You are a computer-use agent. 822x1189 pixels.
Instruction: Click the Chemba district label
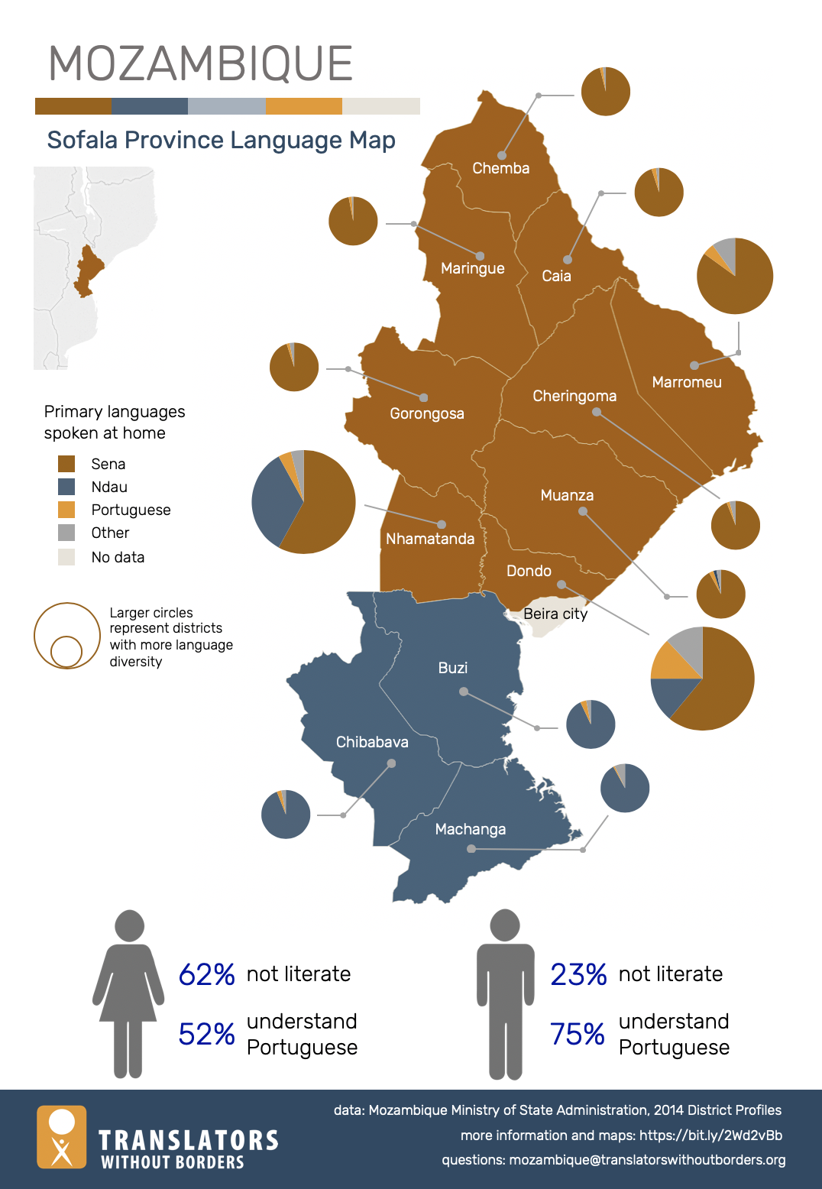(x=500, y=168)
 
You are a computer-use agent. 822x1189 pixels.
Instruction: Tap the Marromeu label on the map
(x=686, y=382)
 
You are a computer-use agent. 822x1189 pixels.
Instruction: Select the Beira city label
(x=555, y=614)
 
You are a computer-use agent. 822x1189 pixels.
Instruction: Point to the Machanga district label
(x=470, y=829)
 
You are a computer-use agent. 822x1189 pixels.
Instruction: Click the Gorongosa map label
(x=426, y=413)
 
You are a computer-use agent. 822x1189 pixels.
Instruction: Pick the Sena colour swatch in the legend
(x=66, y=464)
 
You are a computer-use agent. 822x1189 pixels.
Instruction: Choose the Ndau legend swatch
(x=66, y=487)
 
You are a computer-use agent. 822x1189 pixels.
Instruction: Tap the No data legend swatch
(x=66, y=557)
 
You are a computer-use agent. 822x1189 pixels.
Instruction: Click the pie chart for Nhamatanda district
(x=303, y=502)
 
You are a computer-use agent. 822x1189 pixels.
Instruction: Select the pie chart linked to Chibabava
(x=286, y=814)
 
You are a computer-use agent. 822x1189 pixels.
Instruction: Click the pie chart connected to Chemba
(x=605, y=91)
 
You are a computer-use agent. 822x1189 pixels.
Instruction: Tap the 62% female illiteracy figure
(x=206, y=974)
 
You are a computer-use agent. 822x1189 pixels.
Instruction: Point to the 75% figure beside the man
(x=578, y=1034)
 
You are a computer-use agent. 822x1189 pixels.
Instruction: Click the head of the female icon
(x=129, y=925)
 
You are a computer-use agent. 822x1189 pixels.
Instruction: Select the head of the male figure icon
(x=505, y=925)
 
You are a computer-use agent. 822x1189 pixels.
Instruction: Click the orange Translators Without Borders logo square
(x=62, y=1137)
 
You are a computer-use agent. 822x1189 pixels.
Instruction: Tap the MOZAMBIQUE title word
(x=200, y=63)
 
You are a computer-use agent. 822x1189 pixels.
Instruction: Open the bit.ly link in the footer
(x=710, y=1136)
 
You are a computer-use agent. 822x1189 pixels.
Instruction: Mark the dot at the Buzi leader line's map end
(x=463, y=692)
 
